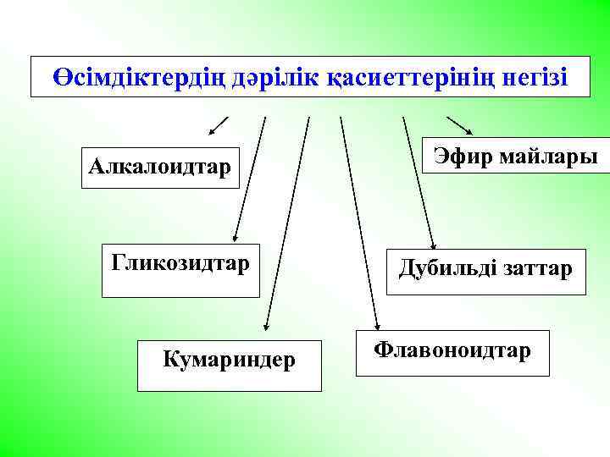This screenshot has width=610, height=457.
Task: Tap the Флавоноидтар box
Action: tap(452, 351)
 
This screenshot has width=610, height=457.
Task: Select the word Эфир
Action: tap(460, 157)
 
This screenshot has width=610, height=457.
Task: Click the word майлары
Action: tap(545, 157)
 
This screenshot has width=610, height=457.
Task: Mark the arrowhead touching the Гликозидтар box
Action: tap(236, 238)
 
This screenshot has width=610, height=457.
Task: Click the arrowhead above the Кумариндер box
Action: tap(266, 322)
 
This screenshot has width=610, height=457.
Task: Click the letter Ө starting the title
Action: tap(61, 77)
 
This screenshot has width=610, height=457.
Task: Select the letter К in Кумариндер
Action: tap(169, 361)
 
